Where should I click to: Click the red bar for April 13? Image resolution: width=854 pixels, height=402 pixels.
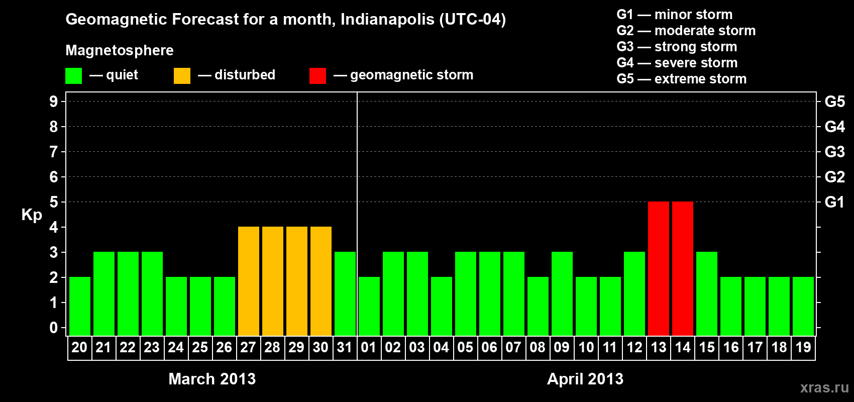point(658,268)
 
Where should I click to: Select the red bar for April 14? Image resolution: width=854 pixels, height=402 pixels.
point(682,268)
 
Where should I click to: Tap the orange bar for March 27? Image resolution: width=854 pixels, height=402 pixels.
point(248,281)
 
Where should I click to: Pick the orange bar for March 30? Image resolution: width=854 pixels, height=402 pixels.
point(321,281)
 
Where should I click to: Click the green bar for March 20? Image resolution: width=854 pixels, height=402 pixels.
point(79,306)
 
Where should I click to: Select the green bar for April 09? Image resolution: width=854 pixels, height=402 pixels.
point(562,293)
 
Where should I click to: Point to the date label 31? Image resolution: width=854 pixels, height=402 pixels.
point(345,347)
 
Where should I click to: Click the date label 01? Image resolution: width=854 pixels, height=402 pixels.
point(369,347)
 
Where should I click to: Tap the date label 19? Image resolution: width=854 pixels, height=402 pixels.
point(803,347)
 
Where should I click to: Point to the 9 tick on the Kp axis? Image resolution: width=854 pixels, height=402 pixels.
point(54,102)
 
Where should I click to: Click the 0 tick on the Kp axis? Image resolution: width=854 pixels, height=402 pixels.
point(54,328)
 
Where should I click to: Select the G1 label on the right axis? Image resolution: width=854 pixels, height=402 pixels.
point(834,202)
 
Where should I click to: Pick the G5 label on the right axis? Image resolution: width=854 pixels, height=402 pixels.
point(834,102)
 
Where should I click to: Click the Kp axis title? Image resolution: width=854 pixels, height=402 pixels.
point(32,215)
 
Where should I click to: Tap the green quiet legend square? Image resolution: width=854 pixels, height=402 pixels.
point(73,76)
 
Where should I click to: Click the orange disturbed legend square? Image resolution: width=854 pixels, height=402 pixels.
point(182,76)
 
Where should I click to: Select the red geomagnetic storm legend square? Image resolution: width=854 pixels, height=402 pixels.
point(317,76)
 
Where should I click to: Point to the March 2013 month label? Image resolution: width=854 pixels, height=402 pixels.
point(212,378)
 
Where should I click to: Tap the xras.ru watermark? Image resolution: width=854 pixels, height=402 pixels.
point(824,387)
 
